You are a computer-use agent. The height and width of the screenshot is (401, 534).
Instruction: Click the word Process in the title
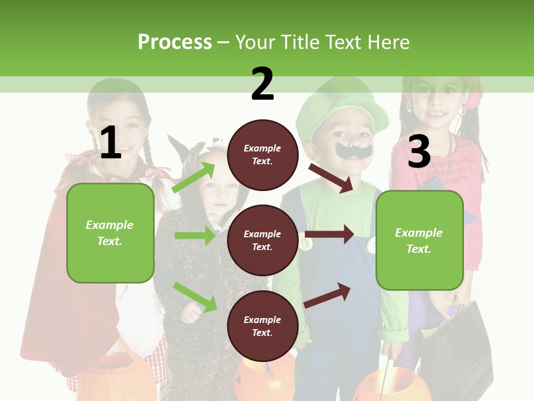(175, 42)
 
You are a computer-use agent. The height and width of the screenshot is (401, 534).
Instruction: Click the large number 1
(111, 143)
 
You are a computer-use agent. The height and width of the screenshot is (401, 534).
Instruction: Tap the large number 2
(263, 84)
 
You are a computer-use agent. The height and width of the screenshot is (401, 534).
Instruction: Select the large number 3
(419, 151)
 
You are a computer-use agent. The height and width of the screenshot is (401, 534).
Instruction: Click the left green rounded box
(110, 233)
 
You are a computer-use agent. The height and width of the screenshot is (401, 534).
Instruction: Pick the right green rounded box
(419, 240)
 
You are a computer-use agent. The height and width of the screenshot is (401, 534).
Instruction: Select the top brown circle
(263, 155)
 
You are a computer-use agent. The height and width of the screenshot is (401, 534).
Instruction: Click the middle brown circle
(263, 240)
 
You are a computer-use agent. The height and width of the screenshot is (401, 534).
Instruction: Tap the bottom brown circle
(263, 326)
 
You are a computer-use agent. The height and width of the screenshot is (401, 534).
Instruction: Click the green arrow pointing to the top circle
(194, 178)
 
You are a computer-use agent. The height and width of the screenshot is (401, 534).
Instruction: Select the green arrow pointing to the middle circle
(194, 236)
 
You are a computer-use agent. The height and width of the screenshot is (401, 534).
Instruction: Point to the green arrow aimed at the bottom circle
(195, 297)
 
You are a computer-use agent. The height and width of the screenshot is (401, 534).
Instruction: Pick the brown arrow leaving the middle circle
(329, 234)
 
